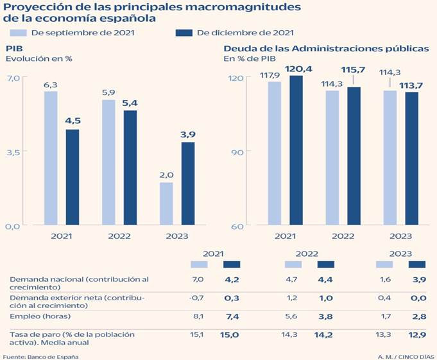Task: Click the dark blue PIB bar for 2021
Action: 73,177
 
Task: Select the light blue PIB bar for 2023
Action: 166,203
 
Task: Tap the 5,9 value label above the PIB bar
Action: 108,92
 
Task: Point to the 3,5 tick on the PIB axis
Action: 13,152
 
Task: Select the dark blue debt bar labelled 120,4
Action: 296,150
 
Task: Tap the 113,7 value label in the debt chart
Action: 411,85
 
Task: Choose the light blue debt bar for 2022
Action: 332,158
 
